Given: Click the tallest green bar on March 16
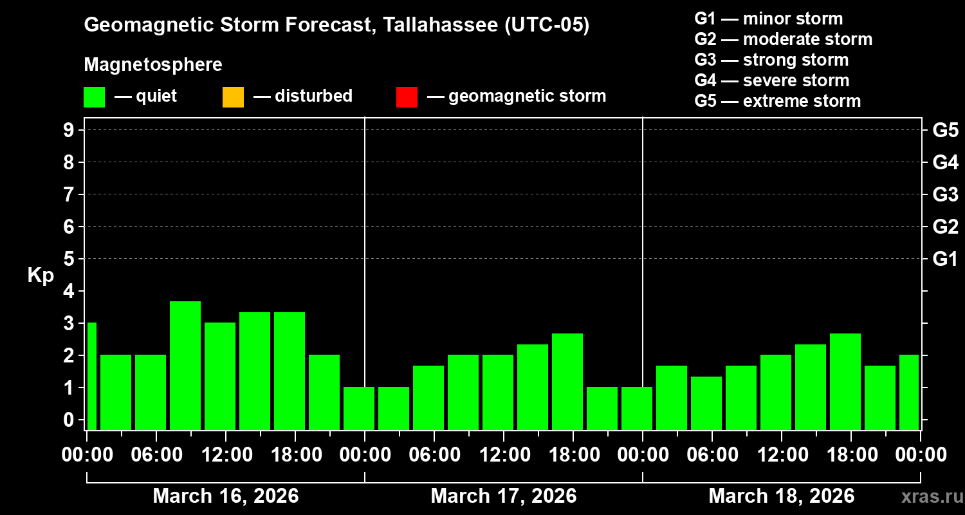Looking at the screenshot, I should tap(185, 365).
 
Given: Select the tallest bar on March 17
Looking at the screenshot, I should tap(567, 381).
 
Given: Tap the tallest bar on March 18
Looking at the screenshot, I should tap(845, 381).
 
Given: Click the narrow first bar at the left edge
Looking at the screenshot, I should tap(91, 376).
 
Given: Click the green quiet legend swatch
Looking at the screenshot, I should tap(94, 97).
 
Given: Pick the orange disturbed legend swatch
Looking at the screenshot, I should tap(233, 97).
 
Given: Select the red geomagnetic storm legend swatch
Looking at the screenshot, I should tap(407, 97).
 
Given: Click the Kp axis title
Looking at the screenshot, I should tap(41, 276).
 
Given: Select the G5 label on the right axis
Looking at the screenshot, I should tap(945, 130).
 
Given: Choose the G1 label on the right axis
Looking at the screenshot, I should tap(945, 259).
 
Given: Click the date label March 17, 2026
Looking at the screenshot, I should tap(503, 496).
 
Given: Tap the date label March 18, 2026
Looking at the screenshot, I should tap(781, 496).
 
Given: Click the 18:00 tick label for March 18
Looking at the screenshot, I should tap(850, 454).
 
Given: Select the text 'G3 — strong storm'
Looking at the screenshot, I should tap(771, 60).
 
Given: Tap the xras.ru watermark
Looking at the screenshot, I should tap(928, 496).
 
